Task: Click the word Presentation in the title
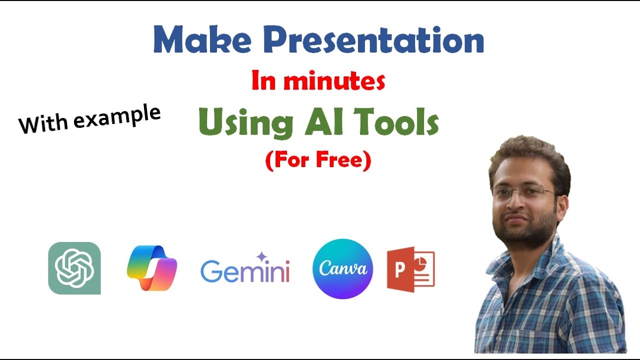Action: click(374, 40)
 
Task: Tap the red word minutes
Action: click(334, 81)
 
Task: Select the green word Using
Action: click(245, 123)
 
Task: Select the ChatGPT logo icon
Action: click(74, 268)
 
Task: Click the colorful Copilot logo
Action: click(152, 268)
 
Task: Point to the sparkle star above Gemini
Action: click(261, 257)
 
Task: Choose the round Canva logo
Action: click(342, 268)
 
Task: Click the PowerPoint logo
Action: click(410, 269)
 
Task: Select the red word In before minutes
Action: click(263, 81)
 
